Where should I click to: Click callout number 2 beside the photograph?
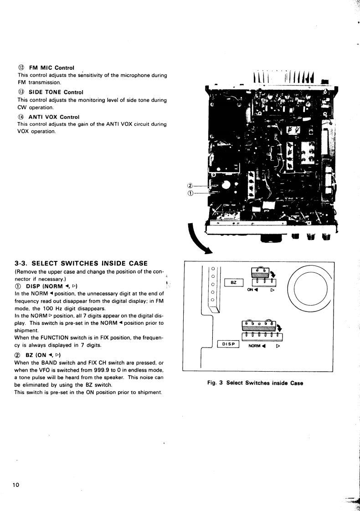tap(190, 185)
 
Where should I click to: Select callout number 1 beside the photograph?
tap(190, 193)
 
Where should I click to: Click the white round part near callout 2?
tap(225, 186)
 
